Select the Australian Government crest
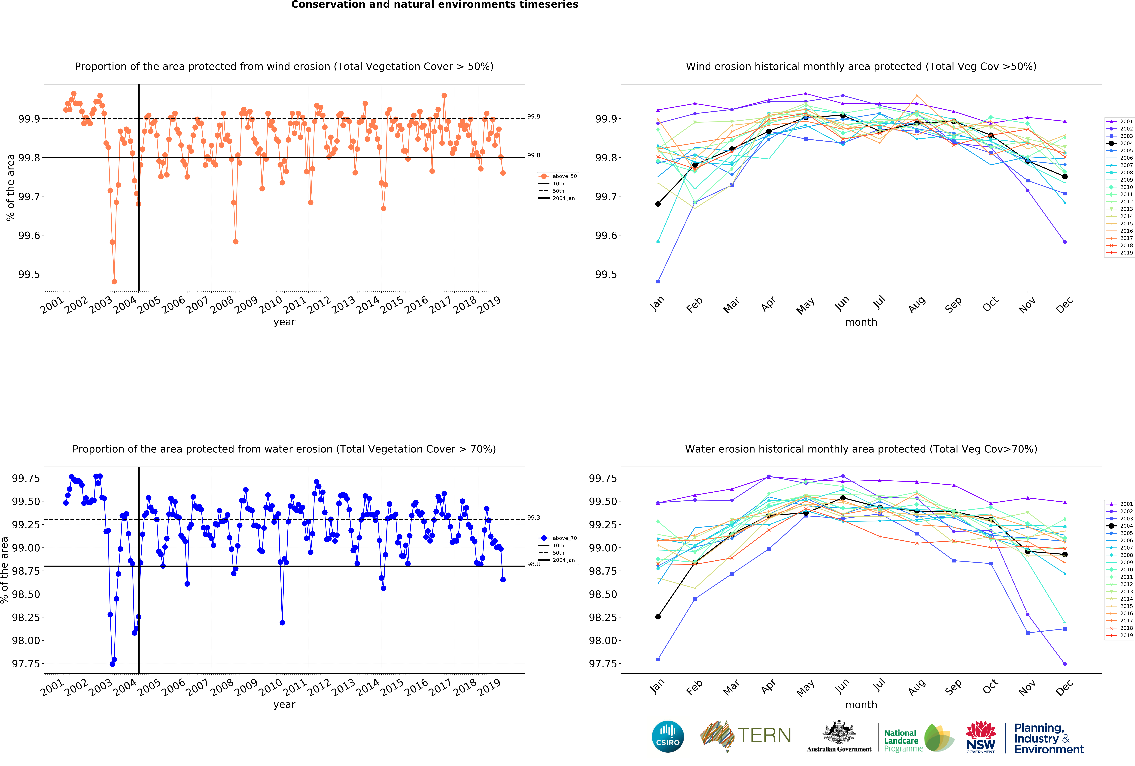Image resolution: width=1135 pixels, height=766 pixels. (x=839, y=732)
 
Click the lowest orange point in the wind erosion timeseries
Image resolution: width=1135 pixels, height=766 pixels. (x=114, y=281)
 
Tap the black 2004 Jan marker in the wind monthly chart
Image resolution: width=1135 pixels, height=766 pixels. (x=658, y=204)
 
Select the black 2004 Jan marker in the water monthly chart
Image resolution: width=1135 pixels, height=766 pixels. (x=658, y=617)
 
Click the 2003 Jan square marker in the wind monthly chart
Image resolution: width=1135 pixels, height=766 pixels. (x=658, y=281)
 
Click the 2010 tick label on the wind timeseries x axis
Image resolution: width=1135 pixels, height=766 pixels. (x=270, y=305)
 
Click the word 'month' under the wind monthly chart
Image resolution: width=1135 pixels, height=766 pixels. (x=861, y=322)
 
